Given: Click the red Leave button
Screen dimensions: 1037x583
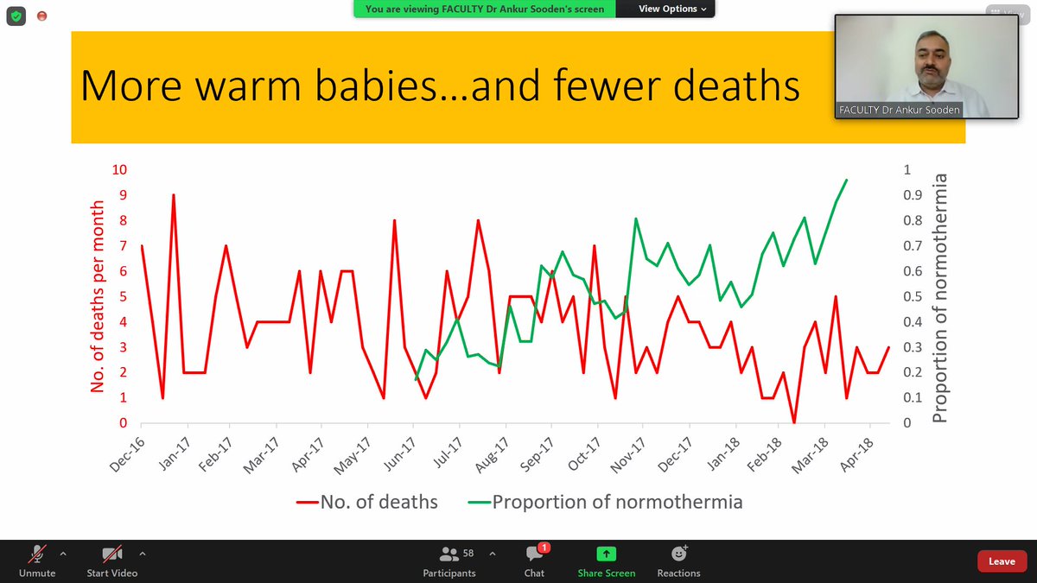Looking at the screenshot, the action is [1002, 561].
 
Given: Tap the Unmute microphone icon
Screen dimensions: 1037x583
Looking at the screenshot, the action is [37, 554].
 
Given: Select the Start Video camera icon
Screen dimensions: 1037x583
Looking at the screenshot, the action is [112, 554].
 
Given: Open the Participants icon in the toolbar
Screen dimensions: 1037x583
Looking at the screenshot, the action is [449, 554].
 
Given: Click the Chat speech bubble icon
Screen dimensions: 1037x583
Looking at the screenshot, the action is [534, 554].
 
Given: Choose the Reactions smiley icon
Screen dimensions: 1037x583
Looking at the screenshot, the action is [678, 554].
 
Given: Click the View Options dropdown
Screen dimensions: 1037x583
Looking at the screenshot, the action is [672, 9].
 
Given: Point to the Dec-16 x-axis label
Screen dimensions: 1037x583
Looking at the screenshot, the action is [127, 455].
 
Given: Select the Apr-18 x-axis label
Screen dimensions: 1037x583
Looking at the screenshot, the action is [856, 455].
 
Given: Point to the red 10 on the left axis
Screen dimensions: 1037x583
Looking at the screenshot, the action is [119, 169].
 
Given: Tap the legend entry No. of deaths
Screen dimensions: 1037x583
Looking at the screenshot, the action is [367, 502].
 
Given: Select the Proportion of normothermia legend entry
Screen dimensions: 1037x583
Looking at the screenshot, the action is [606, 502].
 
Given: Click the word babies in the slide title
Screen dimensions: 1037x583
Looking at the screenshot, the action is [375, 86].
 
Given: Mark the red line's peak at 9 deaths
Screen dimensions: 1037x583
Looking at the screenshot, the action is [174, 195].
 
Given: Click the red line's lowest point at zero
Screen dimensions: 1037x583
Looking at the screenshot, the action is [794, 422].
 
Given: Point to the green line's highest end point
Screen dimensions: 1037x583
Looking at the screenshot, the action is [847, 180].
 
